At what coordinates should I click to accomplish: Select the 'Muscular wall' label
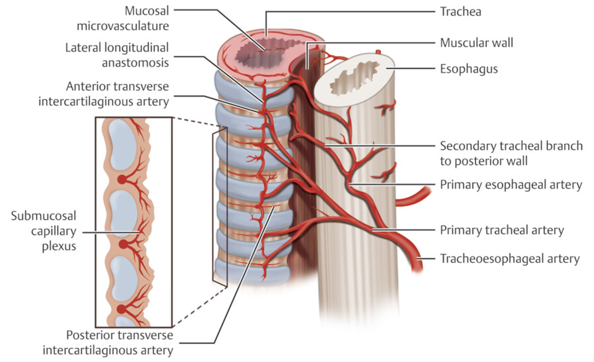click(x=477, y=43)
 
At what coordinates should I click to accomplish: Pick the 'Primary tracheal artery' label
click(x=502, y=231)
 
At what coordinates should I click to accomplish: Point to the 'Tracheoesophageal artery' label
click(x=510, y=258)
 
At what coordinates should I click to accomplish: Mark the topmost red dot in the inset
click(x=121, y=180)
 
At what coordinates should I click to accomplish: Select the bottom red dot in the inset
click(x=121, y=308)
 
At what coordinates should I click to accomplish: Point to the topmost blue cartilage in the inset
click(x=123, y=146)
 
